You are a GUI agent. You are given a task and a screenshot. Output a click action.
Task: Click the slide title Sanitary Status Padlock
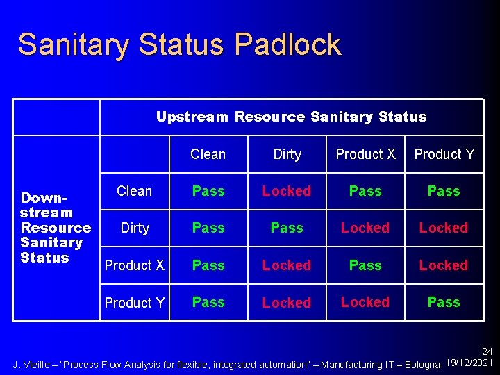179,44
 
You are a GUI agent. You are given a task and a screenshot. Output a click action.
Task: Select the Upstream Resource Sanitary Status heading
291,117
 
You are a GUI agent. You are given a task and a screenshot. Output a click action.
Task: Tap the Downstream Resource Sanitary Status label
56,227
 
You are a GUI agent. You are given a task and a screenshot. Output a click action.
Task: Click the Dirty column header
287,154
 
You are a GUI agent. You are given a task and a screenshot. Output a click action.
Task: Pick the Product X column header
365,154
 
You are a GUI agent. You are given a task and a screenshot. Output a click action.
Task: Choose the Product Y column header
444,154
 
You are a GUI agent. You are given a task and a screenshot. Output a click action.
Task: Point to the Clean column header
208,154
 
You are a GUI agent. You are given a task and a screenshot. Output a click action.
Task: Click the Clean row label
134,191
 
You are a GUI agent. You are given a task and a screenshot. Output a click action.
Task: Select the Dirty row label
134,228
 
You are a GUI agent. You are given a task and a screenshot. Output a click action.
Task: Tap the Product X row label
134,265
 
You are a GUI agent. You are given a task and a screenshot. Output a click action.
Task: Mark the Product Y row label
134,303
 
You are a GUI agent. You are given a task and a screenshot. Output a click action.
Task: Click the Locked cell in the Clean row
287,191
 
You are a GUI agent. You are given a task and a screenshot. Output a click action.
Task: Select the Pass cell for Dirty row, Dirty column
287,228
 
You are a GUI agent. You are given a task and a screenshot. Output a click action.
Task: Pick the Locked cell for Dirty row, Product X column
365,228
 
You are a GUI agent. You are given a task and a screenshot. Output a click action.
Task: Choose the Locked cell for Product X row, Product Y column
444,265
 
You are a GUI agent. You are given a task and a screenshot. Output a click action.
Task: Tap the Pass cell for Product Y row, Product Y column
444,302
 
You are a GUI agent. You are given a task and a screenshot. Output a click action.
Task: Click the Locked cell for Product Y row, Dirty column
287,303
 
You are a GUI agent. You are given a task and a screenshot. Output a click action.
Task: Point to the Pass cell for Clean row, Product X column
365,191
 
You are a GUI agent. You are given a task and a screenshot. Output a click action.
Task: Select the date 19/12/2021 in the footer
469,364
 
